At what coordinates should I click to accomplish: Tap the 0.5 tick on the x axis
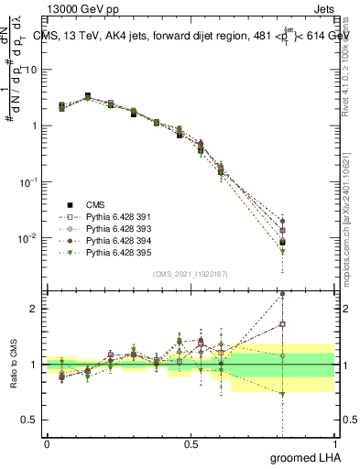coord(191,442)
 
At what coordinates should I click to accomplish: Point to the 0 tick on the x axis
coord(47,442)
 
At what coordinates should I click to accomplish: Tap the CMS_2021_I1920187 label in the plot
coord(190,274)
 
